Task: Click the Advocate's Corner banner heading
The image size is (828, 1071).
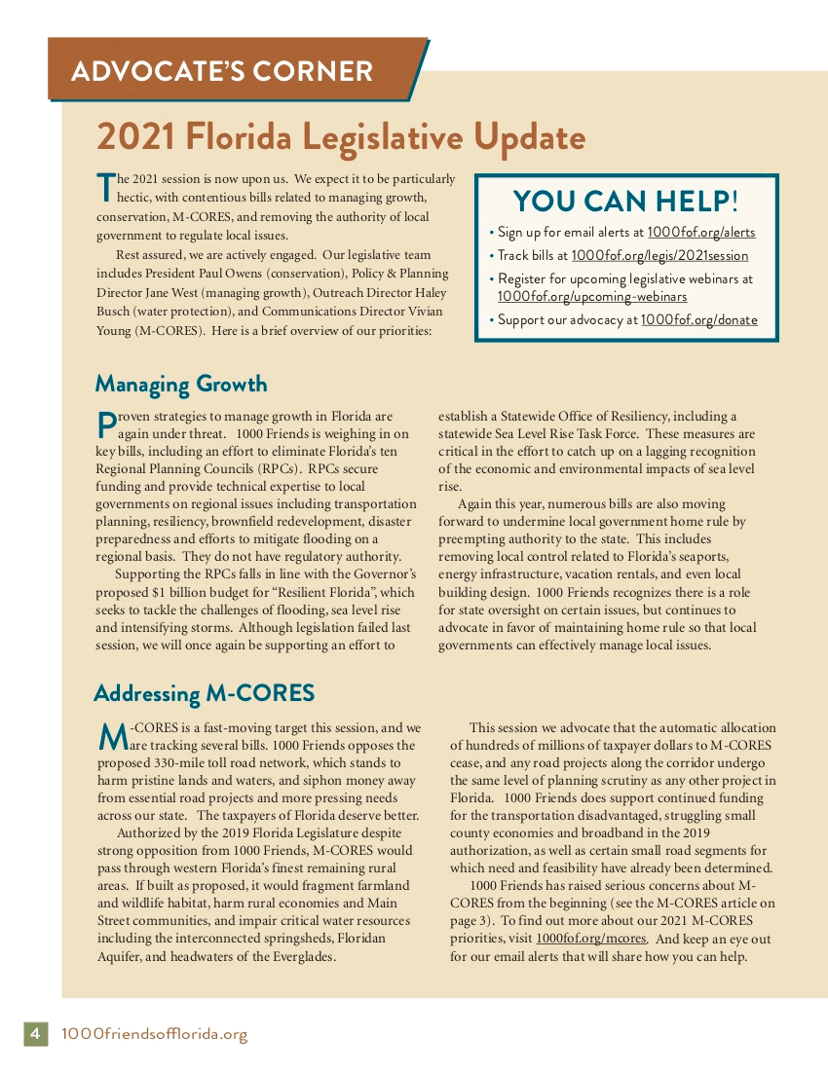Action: [222, 71]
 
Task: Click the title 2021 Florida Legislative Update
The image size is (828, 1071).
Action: [340, 136]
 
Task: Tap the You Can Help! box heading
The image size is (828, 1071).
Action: [625, 201]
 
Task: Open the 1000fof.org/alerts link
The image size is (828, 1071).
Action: [700, 233]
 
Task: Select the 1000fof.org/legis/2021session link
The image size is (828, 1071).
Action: [659, 256]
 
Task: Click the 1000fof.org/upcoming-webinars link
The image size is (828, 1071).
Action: [592, 297]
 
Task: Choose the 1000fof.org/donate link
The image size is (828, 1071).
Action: [698, 320]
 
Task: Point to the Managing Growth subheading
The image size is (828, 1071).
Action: [181, 384]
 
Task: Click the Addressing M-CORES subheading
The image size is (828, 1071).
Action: [205, 693]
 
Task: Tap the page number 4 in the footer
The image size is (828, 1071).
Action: [34, 1034]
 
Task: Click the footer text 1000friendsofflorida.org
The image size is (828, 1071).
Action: [154, 1034]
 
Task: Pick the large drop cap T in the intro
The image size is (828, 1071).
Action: [105, 187]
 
